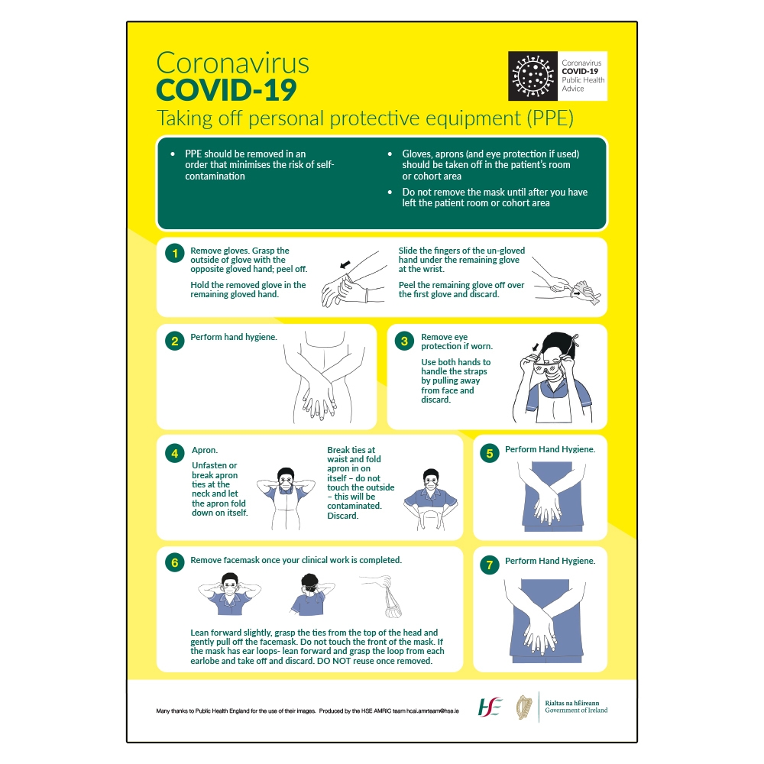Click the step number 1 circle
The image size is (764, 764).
175,254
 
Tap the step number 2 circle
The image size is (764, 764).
175,341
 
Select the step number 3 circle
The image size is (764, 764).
405,341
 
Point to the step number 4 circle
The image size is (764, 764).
175,453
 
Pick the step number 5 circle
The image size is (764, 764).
489,453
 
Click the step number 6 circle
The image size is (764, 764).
175,563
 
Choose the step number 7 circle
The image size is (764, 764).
489,565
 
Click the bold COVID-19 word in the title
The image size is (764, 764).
226,90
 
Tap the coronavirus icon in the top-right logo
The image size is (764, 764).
533,76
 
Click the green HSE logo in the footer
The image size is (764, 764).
490,707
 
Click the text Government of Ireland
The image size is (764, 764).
576,711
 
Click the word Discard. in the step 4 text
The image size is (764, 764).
342,516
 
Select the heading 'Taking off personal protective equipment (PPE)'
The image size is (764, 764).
364,118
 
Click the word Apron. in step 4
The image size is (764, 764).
205,451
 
